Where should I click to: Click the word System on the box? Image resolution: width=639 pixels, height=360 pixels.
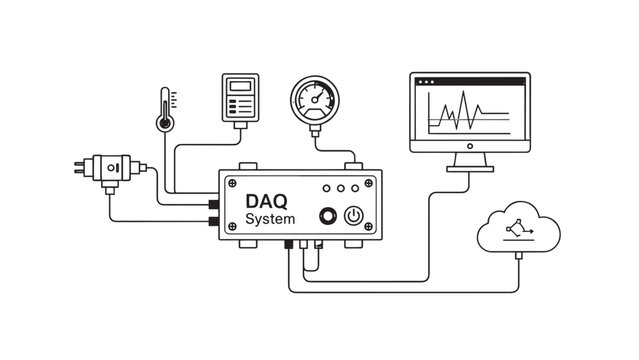click(x=269, y=220)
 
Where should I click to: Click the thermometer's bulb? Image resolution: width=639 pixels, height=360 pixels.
click(x=164, y=122)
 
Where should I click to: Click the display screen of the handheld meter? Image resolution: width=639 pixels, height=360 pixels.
click(x=238, y=87)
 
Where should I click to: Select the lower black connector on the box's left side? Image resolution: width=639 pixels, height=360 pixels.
click(x=213, y=219)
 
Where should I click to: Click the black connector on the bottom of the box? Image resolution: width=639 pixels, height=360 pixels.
click(x=290, y=244)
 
